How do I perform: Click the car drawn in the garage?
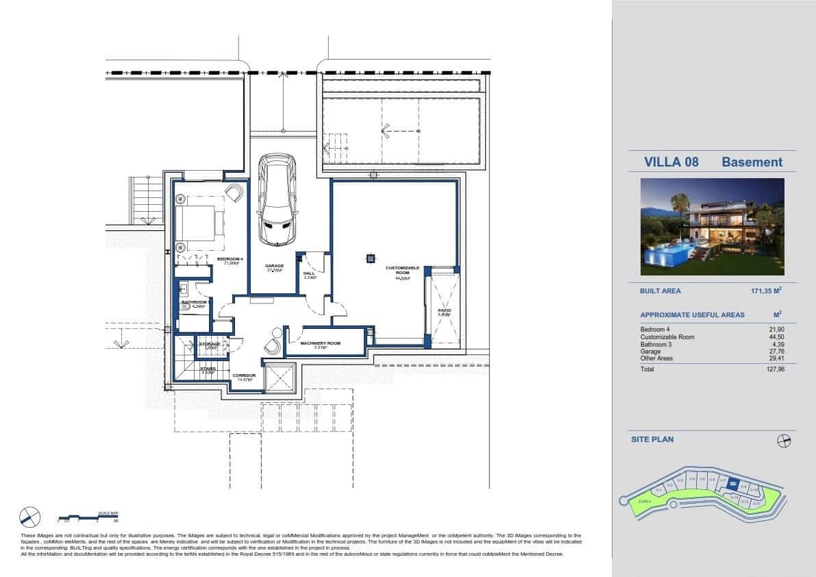click(x=277, y=200)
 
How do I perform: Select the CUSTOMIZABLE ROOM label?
click(x=402, y=270)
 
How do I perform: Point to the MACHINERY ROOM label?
click(x=320, y=343)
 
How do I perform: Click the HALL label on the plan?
click(x=309, y=273)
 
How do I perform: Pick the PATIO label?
click(x=444, y=310)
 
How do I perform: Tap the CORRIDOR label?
click(x=244, y=376)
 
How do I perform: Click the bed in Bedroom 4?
click(x=199, y=223)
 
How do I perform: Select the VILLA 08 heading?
click(x=671, y=162)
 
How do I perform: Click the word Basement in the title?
click(x=752, y=162)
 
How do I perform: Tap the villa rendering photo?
click(x=712, y=227)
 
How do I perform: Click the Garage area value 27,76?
click(x=775, y=352)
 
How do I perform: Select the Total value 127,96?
click(x=775, y=369)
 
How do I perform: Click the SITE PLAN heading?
click(x=652, y=439)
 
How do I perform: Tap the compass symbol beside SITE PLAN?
click(x=784, y=441)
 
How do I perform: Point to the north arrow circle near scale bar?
click(x=30, y=517)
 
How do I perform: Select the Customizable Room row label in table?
click(x=667, y=337)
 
